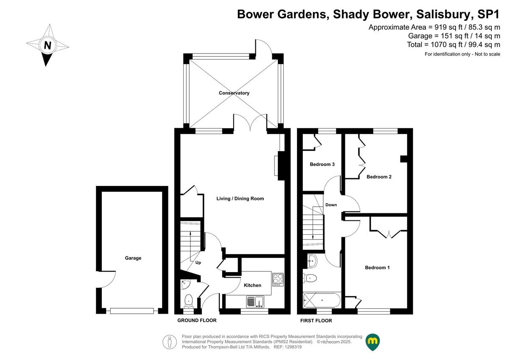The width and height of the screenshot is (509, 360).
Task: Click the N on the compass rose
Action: coord(48,45)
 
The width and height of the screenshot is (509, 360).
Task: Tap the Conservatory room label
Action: coord(234,93)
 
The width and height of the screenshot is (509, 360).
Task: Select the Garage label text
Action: coord(133,258)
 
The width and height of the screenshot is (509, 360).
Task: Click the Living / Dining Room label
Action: coord(240,199)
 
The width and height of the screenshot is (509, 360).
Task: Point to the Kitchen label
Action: coord(252,285)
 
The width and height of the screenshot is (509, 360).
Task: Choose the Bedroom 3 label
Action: coord(322,164)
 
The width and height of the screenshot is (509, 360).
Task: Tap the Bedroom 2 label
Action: coord(379,177)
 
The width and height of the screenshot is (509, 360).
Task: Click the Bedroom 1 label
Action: coord(377,267)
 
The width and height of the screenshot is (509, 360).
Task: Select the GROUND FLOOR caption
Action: coord(197,320)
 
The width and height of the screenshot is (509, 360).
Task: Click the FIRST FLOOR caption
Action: coord(316,321)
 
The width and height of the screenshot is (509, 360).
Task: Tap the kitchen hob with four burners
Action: coord(278,279)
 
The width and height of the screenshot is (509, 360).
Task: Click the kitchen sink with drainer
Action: coord(255,301)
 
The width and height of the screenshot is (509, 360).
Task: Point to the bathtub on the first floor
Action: coord(322,301)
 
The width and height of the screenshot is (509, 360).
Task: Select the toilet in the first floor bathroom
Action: coord(310,278)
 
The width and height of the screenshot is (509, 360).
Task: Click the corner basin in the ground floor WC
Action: coord(185,284)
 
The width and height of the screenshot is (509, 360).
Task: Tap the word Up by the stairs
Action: coord(198,263)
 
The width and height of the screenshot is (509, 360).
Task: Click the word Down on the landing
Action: coord(331,205)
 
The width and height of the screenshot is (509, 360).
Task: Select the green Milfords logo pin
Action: coord(372,342)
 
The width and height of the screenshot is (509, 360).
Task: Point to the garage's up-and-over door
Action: coord(132,311)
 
